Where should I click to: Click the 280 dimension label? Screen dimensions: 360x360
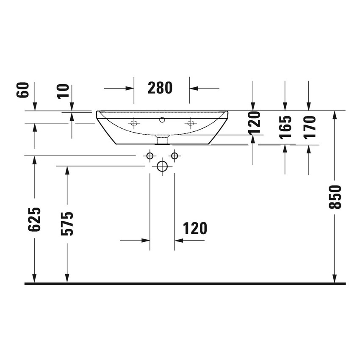[x=160, y=88]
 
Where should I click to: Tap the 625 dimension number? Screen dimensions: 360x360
[x=34, y=219]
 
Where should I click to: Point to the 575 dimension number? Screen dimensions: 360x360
[x=67, y=223]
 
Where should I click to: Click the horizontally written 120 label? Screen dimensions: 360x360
[x=195, y=228]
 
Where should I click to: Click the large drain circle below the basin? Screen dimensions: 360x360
[x=162, y=166]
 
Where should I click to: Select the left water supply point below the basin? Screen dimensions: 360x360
[x=149, y=156]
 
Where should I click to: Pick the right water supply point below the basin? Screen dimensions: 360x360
[x=174, y=156]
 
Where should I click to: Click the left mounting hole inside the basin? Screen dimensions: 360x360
[x=134, y=123]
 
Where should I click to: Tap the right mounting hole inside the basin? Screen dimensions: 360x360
[x=190, y=123]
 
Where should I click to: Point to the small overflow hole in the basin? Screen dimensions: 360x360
[x=162, y=120]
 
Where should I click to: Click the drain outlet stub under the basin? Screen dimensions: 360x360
[x=162, y=139]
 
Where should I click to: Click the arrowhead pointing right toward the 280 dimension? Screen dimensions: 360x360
[x=130, y=89]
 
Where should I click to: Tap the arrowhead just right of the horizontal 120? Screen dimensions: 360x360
[x=179, y=241]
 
